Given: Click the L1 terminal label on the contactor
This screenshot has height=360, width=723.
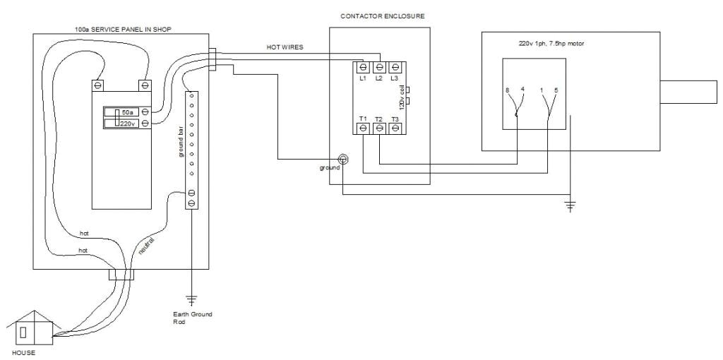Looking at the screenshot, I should [x=363, y=78].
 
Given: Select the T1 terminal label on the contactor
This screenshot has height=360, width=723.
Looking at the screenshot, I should [x=363, y=119].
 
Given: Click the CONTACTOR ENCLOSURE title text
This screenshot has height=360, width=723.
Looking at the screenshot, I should [x=383, y=16].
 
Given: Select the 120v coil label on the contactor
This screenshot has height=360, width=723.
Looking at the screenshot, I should [x=402, y=99].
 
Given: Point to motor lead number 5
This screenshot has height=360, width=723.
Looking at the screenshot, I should [x=556, y=90].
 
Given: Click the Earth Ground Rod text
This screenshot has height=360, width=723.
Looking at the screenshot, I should [x=192, y=317].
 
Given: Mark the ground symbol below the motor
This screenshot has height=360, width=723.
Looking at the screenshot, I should [x=570, y=205].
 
